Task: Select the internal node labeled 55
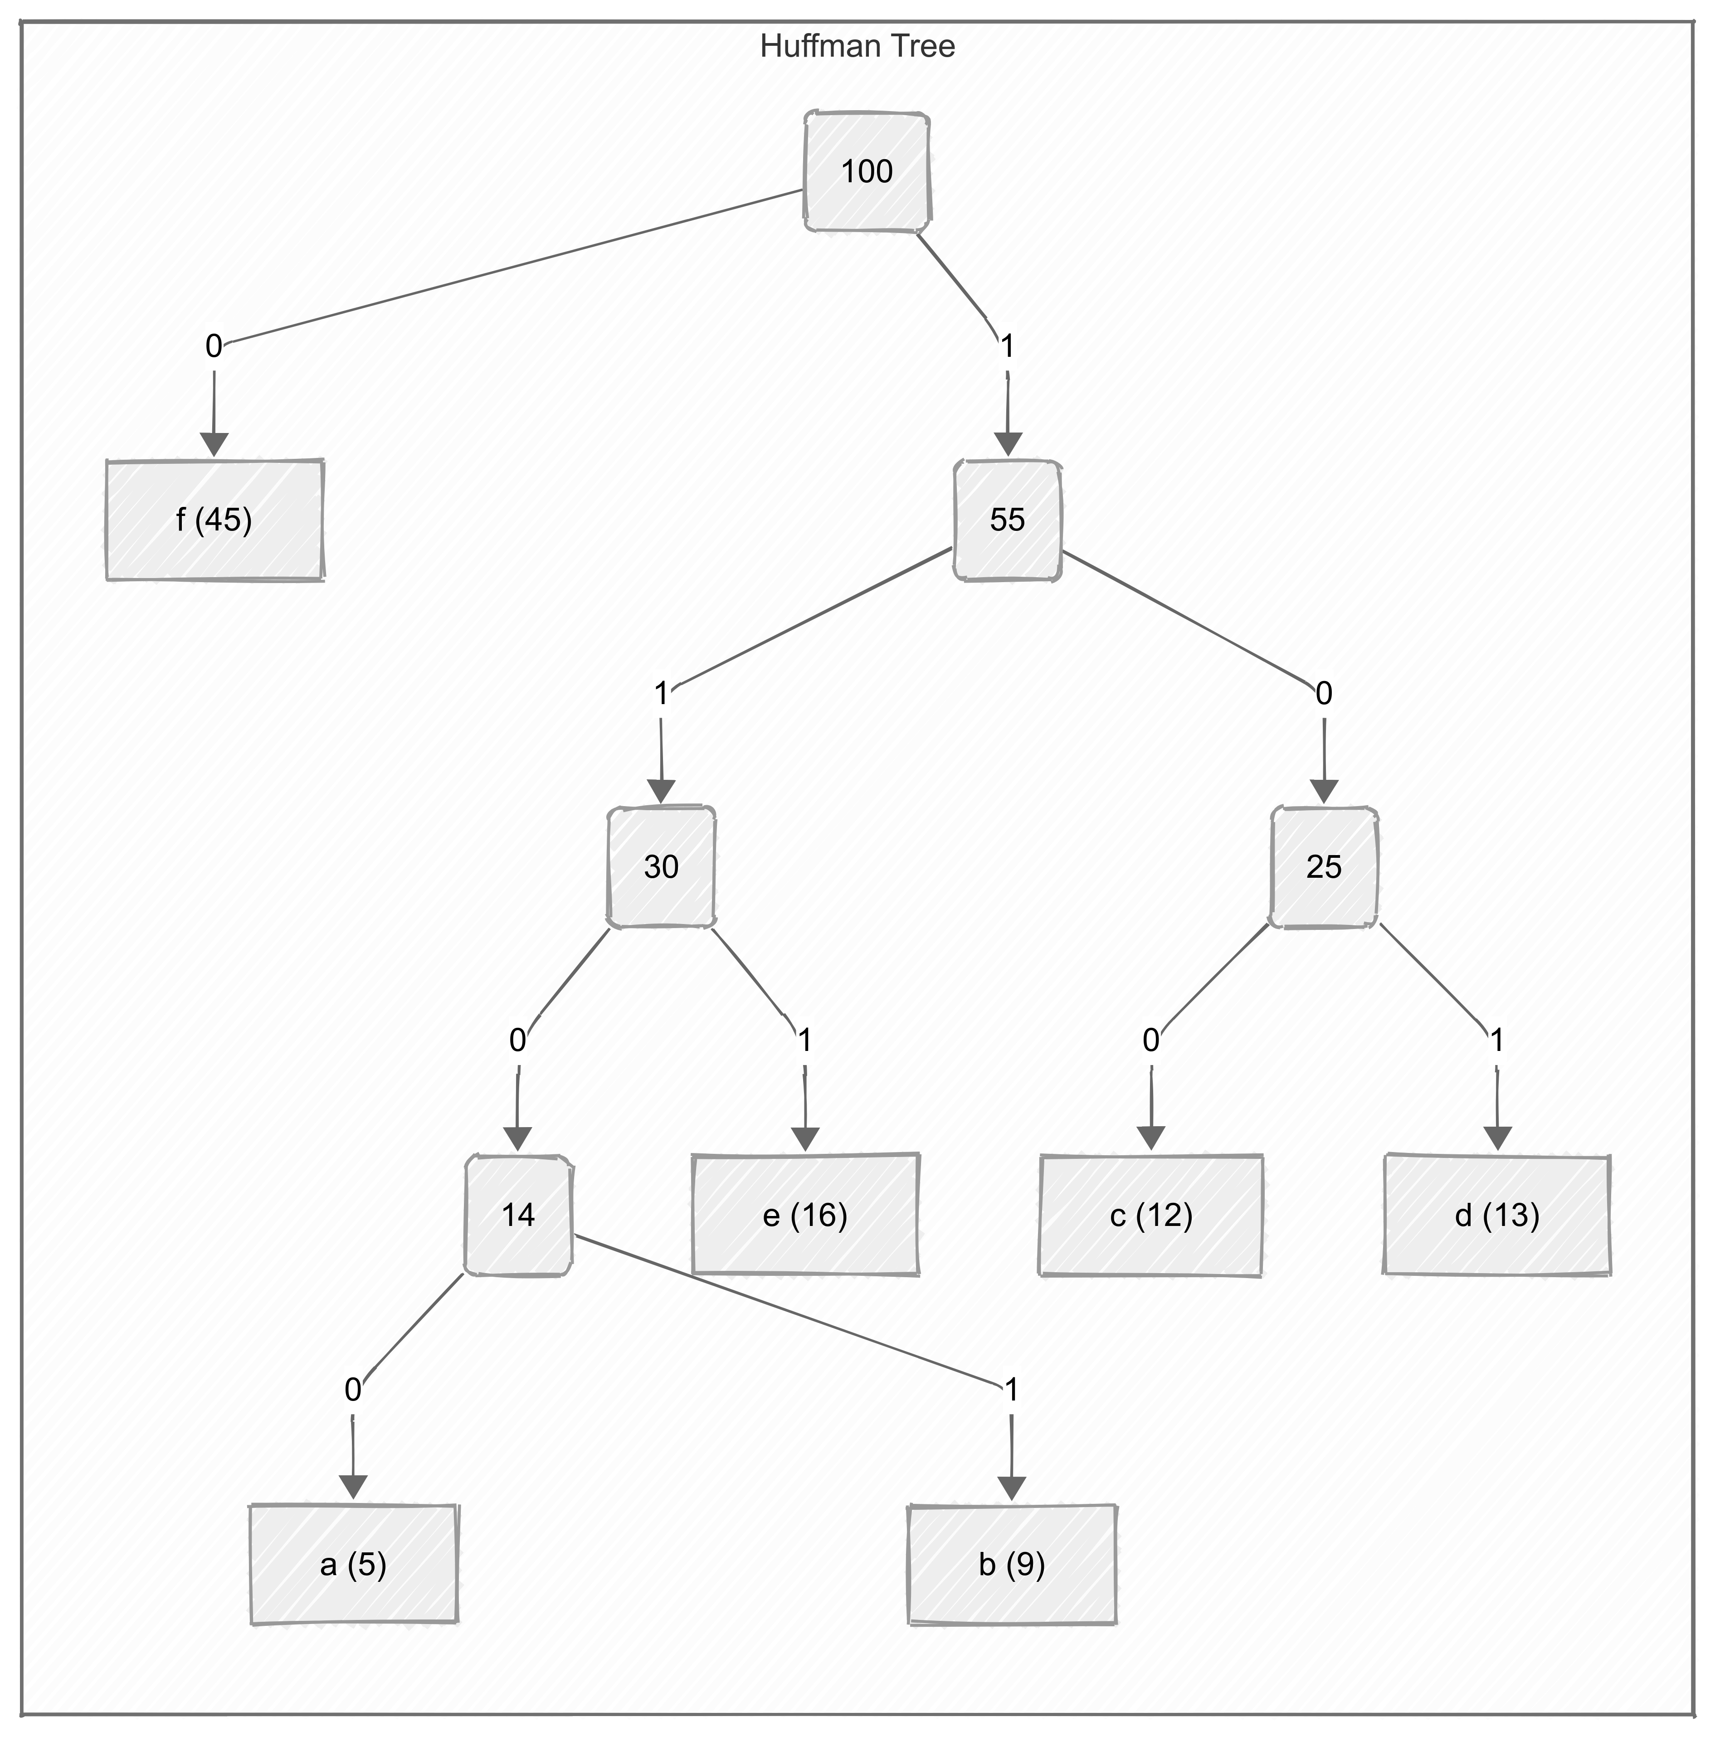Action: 1007,520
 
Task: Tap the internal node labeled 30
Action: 661,867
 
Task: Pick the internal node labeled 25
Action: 1323,867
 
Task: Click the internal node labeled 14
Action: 518,1215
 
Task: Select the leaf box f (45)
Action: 214,520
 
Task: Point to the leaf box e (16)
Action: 805,1215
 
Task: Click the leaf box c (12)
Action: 1150,1215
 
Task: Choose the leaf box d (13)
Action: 1496,1215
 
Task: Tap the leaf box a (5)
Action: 353,1563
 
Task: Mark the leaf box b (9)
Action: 1011,1563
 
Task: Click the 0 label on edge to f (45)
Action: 214,346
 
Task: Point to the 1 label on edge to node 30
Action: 661,694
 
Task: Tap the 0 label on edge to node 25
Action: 1323,694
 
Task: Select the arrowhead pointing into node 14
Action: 517,1138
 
